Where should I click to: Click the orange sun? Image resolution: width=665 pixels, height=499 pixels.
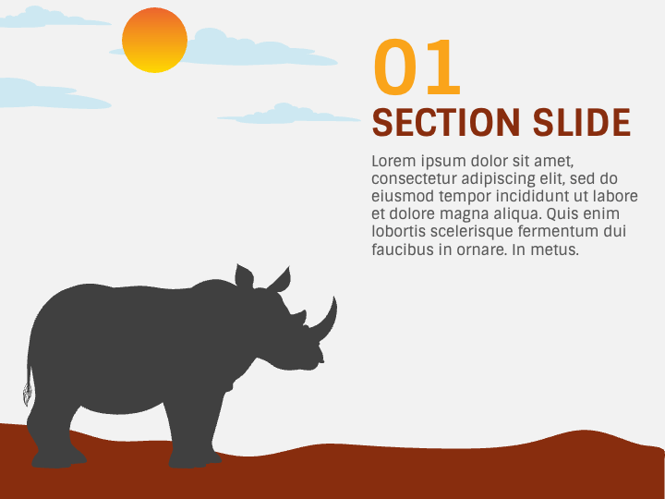(x=155, y=41)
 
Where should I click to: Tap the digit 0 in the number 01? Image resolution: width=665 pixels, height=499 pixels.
(x=394, y=69)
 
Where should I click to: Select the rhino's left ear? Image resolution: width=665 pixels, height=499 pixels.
(x=244, y=276)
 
